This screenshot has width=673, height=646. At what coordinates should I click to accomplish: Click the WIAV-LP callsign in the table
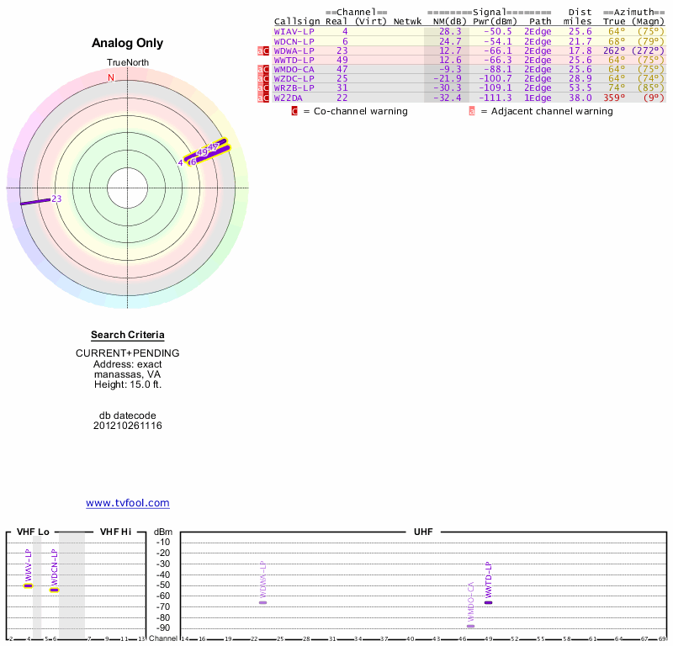click(294, 31)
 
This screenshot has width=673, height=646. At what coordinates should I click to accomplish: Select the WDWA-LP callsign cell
click(294, 50)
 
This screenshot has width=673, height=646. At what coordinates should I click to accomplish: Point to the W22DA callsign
click(288, 98)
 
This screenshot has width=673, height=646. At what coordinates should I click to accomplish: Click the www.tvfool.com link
click(128, 503)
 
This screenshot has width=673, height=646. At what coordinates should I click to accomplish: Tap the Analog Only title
click(128, 43)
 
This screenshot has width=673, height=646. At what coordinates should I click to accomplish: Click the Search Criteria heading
click(128, 335)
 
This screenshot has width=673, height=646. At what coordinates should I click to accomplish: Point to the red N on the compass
click(110, 77)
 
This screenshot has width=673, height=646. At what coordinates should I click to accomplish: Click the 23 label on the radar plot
click(56, 199)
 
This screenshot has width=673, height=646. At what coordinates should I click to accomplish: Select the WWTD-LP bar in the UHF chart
click(488, 602)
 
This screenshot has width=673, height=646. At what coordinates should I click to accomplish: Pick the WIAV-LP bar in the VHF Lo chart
click(28, 585)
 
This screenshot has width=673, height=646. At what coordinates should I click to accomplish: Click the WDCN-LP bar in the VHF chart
click(54, 590)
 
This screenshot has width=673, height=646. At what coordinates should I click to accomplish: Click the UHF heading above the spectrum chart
click(422, 532)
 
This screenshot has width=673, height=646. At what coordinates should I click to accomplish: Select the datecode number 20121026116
click(128, 426)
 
